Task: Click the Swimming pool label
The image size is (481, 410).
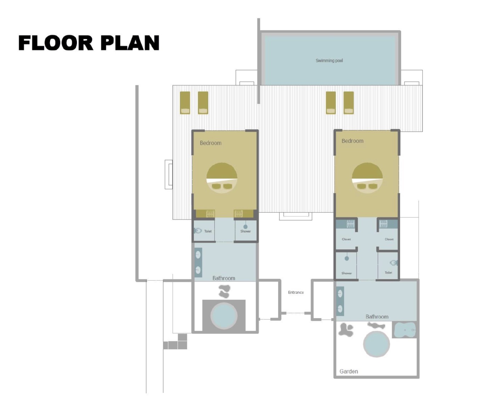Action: pyautogui.click(x=329, y=61)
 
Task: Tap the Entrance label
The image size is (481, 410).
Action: pyautogui.click(x=296, y=292)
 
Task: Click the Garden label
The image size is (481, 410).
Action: pyautogui.click(x=349, y=371)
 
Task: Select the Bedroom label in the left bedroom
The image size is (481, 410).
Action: pyautogui.click(x=211, y=143)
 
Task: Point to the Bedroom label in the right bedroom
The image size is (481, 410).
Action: pyautogui.click(x=352, y=141)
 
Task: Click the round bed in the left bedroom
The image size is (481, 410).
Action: pyautogui.click(x=222, y=178)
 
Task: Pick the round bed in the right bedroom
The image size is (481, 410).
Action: pyautogui.click(x=367, y=178)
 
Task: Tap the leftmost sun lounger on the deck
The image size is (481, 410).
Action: pyautogui.click(x=185, y=103)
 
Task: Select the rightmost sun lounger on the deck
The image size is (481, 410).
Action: pyautogui.click(x=349, y=103)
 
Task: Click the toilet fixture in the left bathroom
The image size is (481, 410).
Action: pyautogui.click(x=198, y=231)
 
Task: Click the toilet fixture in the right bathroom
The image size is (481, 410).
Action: pyautogui.click(x=394, y=263)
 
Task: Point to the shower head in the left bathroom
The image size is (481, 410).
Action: pyautogui.click(x=245, y=227)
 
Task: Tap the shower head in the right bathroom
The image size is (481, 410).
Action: pyautogui.click(x=347, y=258)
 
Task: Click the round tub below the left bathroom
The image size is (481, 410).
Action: pyautogui.click(x=224, y=315)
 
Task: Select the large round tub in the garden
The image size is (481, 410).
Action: pyautogui.click(x=376, y=344)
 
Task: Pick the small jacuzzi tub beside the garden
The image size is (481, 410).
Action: pyautogui.click(x=404, y=330)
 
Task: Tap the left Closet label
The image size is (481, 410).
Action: pyautogui.click(x=346, y=239)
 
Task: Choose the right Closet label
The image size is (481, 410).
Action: pyautogui.click(x=389, y=239)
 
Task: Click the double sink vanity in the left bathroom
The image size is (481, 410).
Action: pyautogui.click(x=198, y=263)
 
